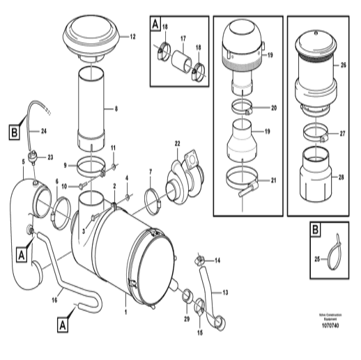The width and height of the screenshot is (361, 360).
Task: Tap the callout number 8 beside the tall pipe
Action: click(x=116, y=109)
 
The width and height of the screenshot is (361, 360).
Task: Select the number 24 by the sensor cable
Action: click(x=43, y=130)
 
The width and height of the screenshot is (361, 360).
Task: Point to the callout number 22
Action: click(x=177, y=143)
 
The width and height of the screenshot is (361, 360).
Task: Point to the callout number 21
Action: click(x=273, y=180)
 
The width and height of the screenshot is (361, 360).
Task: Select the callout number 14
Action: click(x=217, y=260)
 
